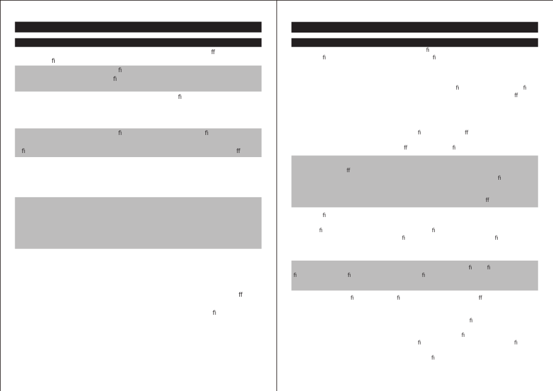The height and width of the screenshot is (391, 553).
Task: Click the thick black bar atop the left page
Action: point(138,27)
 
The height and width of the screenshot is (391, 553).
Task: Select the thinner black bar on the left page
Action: point(138,42)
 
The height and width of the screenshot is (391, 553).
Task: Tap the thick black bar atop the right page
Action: point(414,27)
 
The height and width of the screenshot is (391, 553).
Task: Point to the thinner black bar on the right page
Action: point(414,42)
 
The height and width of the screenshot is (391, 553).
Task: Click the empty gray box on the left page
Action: point(138,223)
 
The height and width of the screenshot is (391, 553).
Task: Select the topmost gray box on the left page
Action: point(138,78)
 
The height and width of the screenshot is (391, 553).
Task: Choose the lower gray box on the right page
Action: point(414,275)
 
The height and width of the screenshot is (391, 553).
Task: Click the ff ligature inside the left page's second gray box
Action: point(238,151)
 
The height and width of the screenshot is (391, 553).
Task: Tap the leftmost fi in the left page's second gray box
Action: point(24,151)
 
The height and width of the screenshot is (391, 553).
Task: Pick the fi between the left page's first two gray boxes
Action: point(180,97)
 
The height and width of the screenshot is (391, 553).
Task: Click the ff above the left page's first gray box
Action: point(213,52)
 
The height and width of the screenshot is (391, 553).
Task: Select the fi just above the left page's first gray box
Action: point(54,61)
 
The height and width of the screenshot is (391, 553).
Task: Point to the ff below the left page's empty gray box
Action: point(240,295)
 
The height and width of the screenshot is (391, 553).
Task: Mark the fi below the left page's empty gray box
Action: point(214,312)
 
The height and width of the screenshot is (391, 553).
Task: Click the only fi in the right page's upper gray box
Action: point(499,177)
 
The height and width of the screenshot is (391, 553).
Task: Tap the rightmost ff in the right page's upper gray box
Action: point(487,200)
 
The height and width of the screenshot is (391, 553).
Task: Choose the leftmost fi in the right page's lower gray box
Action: point(295,275)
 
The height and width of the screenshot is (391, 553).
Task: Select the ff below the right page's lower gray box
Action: point(480,297)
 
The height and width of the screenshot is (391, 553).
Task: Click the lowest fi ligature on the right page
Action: point(433,357)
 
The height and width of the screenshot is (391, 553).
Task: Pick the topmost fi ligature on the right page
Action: point(428,50)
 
